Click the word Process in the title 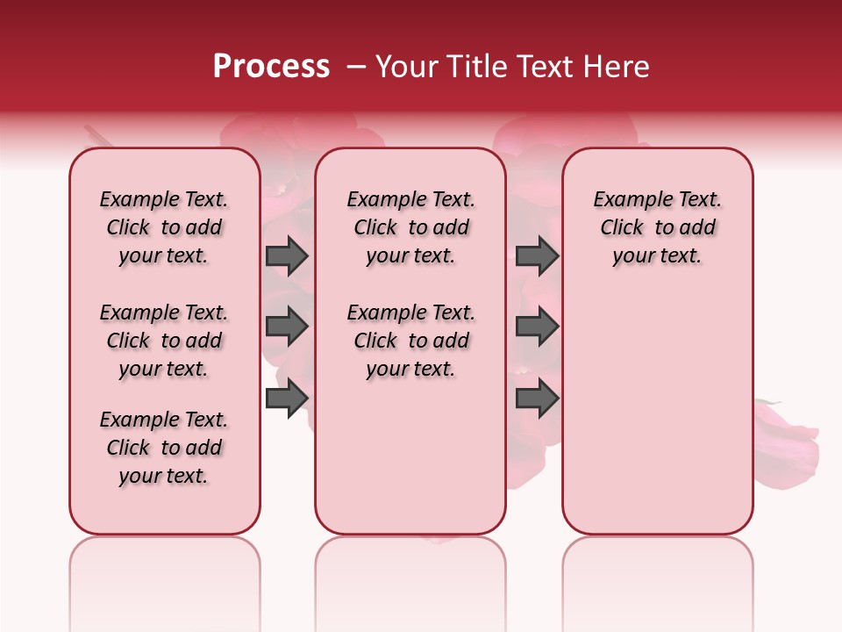[x=271, y=67]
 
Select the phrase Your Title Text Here [x=512, y=67]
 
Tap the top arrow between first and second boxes [x=287, y=255]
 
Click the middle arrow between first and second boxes [x=287, y=327]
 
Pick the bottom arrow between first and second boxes [x=287, y=399]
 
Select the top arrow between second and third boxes [x=537, y=255]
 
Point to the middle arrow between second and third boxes [x=537, y=327]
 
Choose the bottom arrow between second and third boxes [x=537, y=399]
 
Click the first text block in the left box [x=164, y=227]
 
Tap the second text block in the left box [x=164, y=341]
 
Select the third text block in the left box [x=164, y=448]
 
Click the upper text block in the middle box [x=410, y=227]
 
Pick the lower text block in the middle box [x=410, y=341]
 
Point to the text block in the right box [x=657, y=227]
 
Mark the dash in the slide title [x=355, y=67]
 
